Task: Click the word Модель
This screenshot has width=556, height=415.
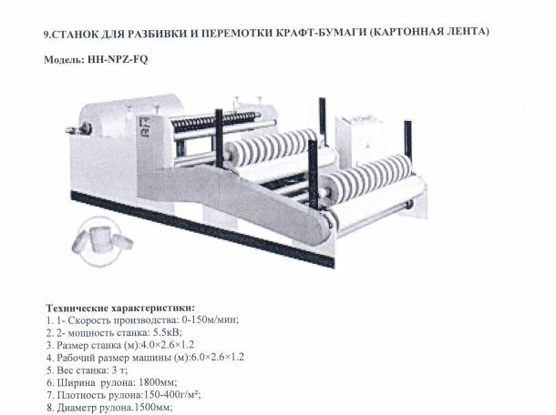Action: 62,59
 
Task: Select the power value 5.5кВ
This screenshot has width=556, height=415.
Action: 160,333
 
